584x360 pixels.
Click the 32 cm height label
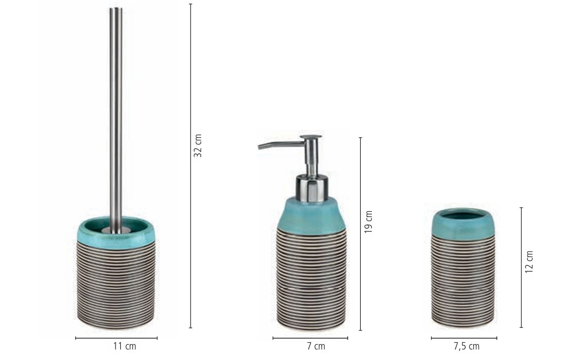[198, 146]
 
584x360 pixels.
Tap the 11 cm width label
[124, 346]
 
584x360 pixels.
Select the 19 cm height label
[368, 222]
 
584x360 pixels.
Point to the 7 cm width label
[316, 346]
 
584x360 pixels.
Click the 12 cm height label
[529, 262]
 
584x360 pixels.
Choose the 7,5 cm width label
[466, 346]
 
